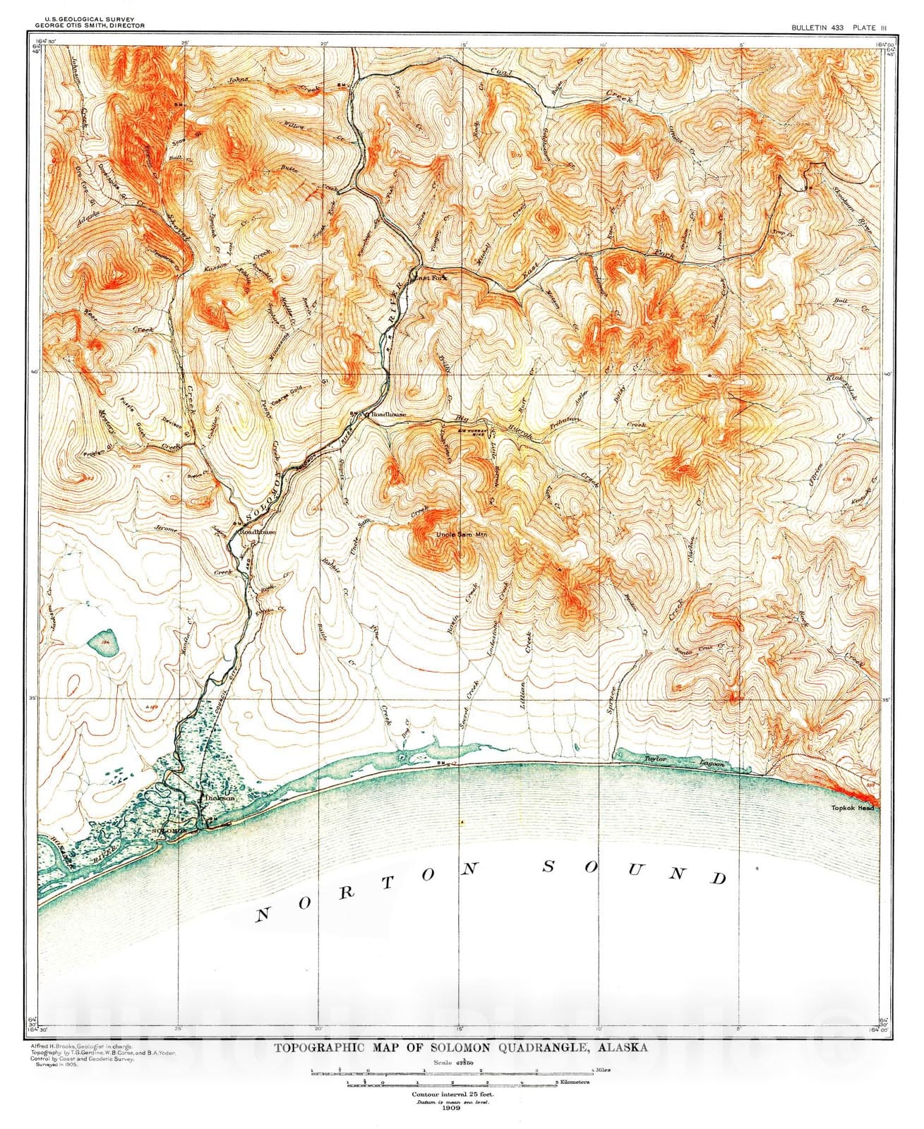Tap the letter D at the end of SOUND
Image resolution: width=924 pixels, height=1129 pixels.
[x=719, y=878]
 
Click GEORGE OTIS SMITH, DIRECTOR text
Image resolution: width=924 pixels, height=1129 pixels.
[x=84, y=25]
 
